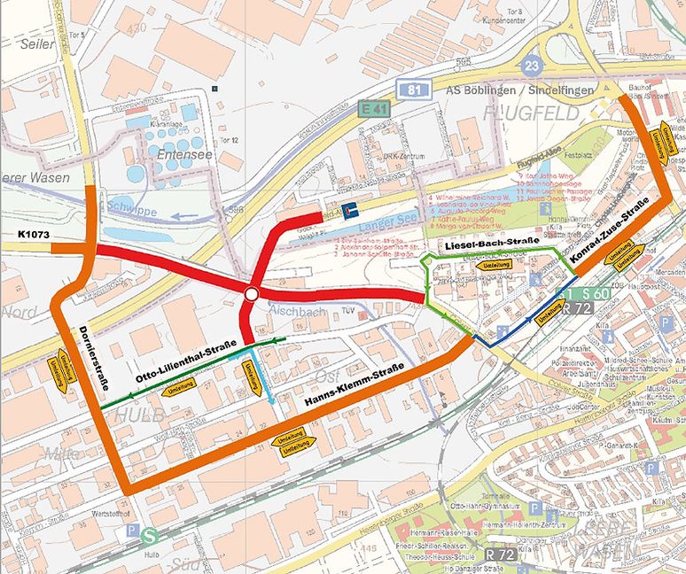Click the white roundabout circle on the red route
tap(252, 294)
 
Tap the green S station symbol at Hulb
tap(150, 535)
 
